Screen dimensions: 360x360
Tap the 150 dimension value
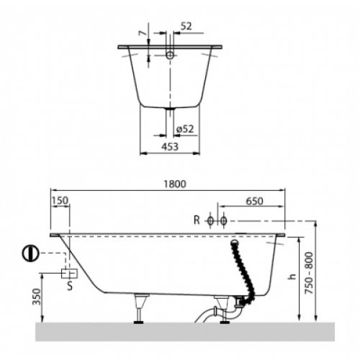[60, 201]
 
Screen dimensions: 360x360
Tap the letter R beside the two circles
[197, 220]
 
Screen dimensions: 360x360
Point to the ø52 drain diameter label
[184, 129]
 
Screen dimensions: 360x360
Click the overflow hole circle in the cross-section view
[170, 55]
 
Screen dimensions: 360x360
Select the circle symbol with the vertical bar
[30, 254]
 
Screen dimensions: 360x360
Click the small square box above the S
[71, 274]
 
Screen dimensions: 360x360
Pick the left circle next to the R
[210, 220]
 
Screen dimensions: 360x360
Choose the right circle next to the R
[224, 220]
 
